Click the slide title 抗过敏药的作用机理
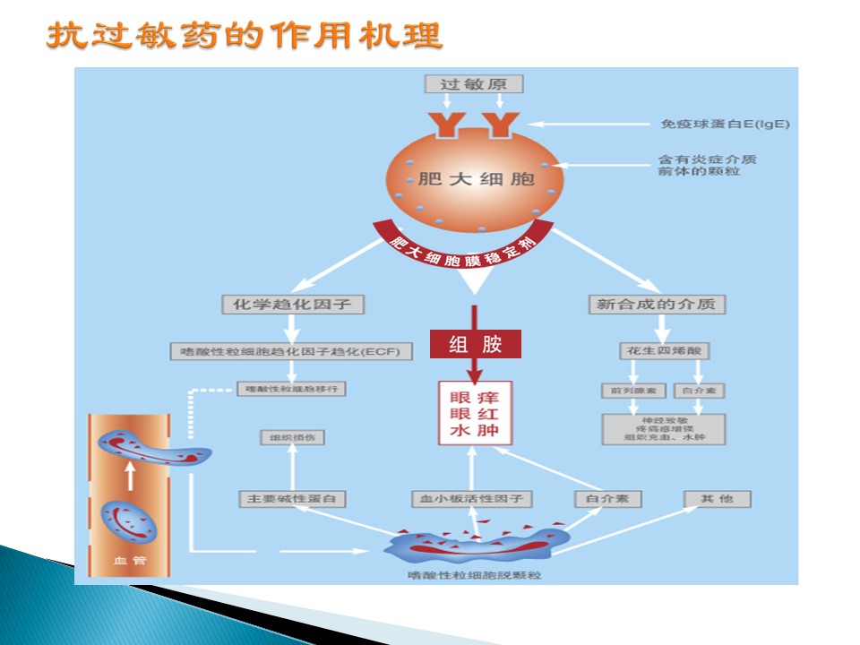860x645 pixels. tap(245, 37)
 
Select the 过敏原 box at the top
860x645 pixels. tap(473, 84)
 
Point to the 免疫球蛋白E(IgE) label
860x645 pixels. tap(725, 124)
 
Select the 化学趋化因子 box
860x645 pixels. tap(293, 305)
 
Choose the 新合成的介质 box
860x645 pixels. tap(657, 305)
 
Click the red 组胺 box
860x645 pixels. tap(475, 344)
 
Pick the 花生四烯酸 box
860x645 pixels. tap(657, 350)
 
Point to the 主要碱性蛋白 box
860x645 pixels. tap(292, 498)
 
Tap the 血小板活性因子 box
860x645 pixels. tap(472, 498)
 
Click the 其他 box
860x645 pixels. tap(717, 498)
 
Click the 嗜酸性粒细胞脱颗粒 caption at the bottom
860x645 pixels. tap(473, 574)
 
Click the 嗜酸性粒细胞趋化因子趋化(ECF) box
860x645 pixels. tap(292, 351)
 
